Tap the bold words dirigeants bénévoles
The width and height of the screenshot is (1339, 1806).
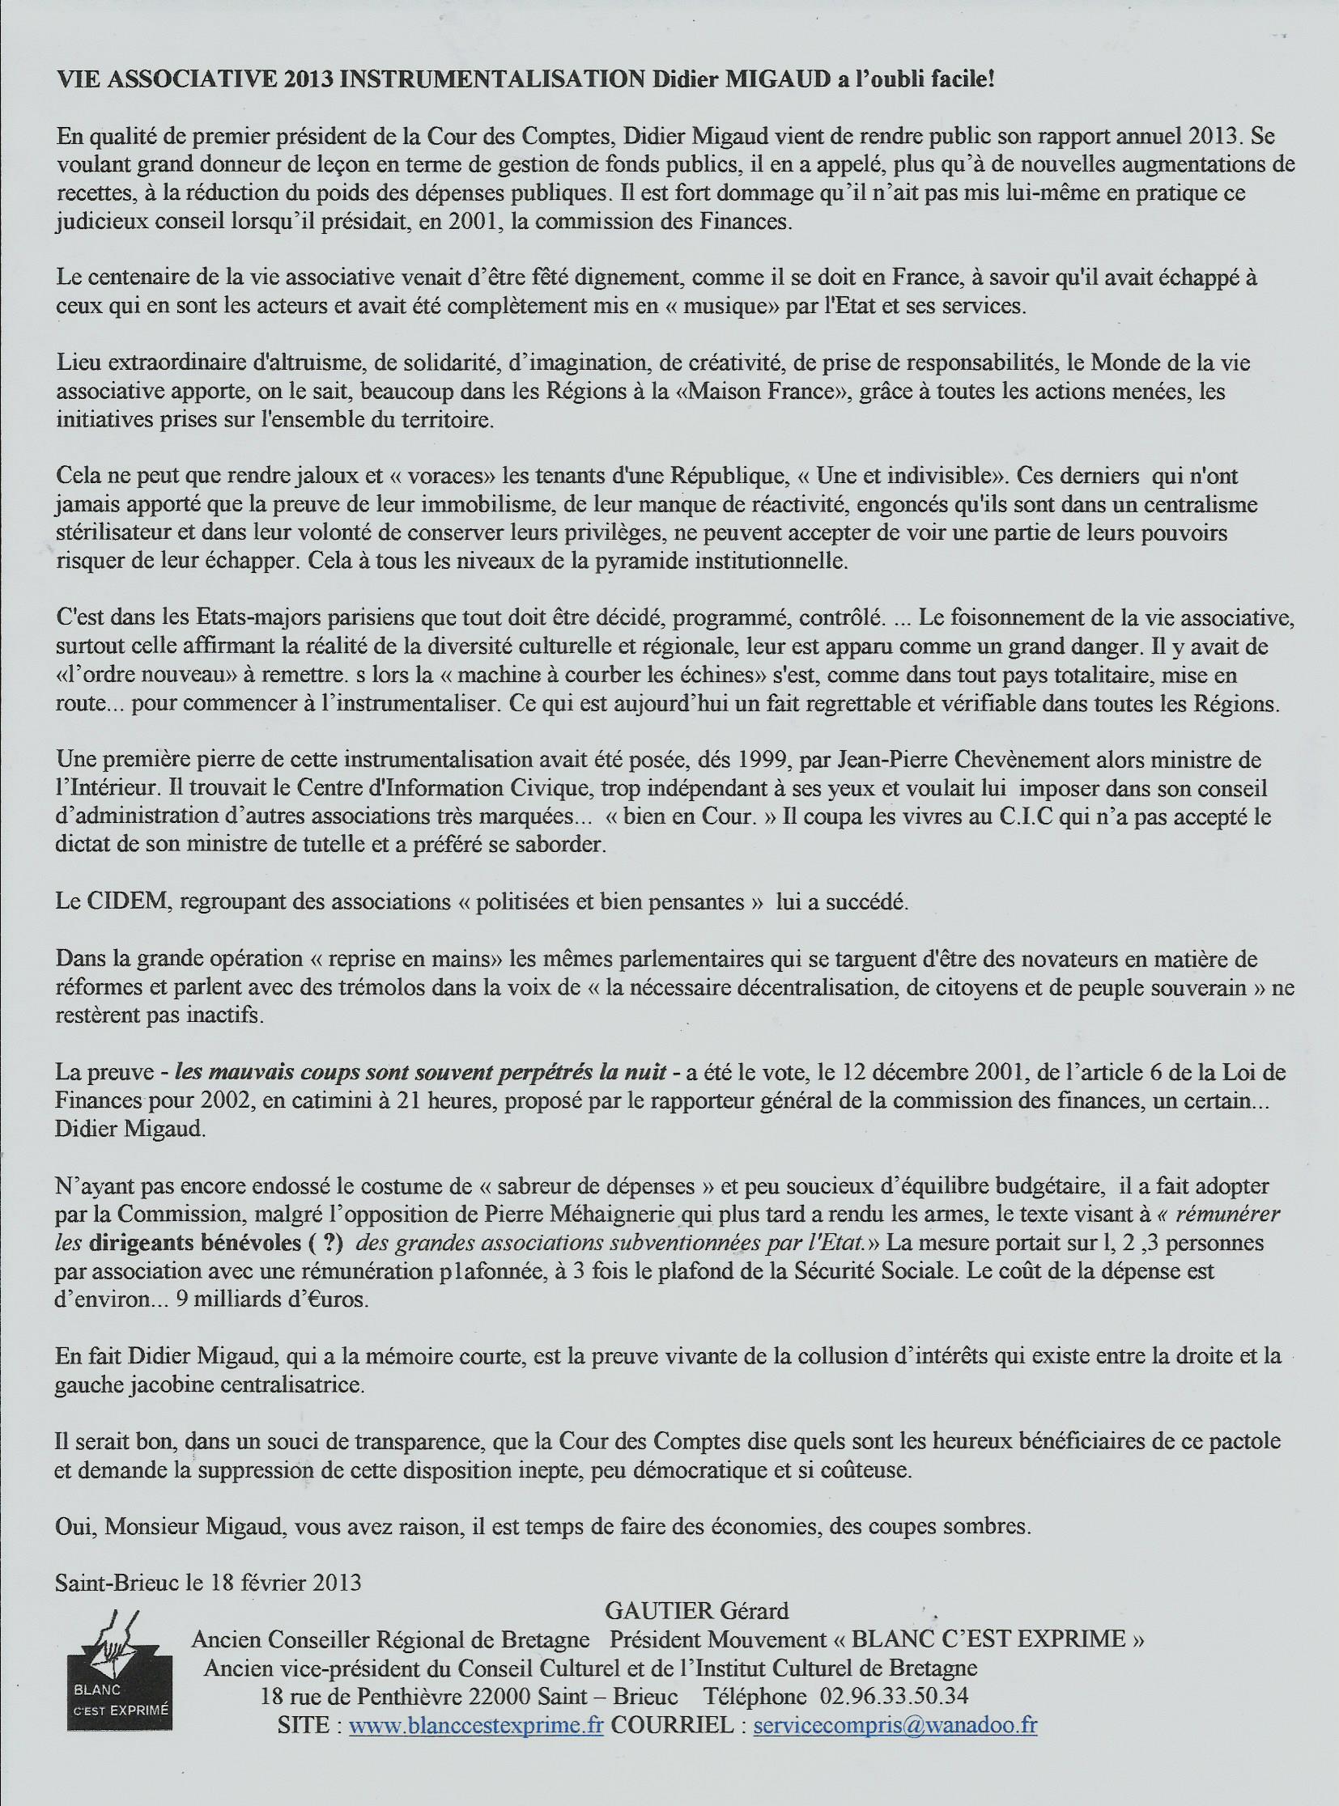211,1242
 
